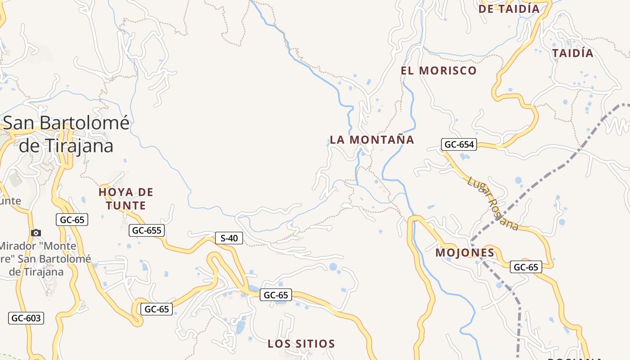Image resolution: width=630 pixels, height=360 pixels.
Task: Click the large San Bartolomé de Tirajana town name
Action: tap(66, 134)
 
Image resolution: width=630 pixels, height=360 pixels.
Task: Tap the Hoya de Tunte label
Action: tap(126, 199)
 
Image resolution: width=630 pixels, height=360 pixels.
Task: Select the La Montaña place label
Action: tap(372, 139)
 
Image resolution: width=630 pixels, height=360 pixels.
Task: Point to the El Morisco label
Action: tap(438, 71)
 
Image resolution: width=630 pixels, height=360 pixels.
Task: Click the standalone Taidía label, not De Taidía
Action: tap(573, 53)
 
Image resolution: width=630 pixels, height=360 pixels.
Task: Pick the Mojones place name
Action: tap(465, 253)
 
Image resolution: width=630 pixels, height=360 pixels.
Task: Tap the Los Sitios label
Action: tap(301, 344)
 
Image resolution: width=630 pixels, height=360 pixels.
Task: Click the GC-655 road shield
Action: tap(147, 231)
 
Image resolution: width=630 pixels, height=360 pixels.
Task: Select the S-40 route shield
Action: tap(229, 238)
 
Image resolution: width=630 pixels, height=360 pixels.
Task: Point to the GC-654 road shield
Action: tap(459, 144)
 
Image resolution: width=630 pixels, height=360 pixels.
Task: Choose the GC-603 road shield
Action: tap(26, 318)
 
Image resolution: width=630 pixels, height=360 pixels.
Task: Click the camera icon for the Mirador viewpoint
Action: tap(36, 233)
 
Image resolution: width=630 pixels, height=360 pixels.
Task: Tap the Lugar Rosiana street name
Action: tap(493, 203)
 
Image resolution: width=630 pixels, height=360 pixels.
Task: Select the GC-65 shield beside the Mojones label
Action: tap(526, 267)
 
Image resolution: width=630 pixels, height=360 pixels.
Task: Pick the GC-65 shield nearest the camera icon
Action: tap(72, 220)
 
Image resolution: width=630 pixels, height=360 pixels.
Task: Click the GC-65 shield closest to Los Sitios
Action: tap(276, 295)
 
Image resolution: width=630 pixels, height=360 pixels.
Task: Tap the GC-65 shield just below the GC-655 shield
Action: tap(157, 309)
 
